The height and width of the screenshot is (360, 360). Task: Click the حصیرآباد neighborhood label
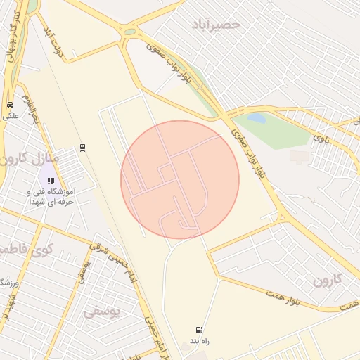click(216, 25)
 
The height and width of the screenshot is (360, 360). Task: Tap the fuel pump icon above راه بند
click(200, 330)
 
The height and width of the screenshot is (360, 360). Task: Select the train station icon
click(82, 146)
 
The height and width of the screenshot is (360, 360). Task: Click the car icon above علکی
click(10, 105)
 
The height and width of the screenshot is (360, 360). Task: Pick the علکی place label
click(10, 117)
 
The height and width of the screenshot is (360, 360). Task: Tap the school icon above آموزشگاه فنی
click(50, 181)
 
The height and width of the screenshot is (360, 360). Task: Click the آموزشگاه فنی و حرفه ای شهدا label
click(50, 196)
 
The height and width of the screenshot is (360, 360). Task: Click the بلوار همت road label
click(295, 297)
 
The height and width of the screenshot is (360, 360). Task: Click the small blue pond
click(256, 118)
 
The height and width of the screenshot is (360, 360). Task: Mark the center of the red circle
click(180, 180)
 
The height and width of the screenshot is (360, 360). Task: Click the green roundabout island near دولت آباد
click(129, 32)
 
